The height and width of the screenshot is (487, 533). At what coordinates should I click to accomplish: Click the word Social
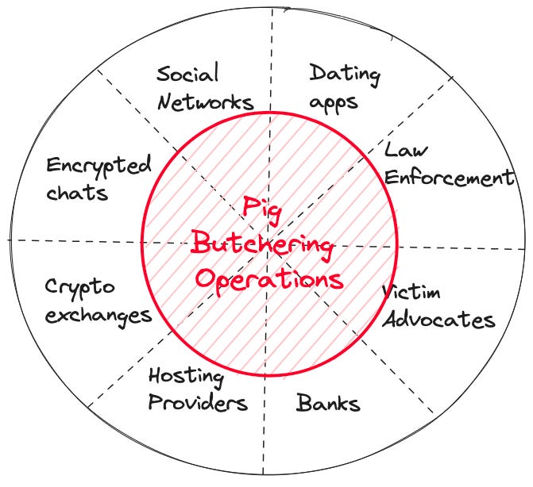point(187,75)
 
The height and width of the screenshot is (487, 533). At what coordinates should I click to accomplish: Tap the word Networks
point(205,102)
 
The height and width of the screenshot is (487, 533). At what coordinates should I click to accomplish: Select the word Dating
point(344,75)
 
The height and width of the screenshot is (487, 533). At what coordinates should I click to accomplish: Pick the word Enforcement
point(450,177)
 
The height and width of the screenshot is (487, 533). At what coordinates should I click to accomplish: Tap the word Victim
point(411,293)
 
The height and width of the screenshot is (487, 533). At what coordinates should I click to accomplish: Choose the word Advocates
point(438,320)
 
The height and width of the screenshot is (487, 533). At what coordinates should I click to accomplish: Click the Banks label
point(328,404)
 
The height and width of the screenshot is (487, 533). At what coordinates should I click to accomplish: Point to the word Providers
point(198,402)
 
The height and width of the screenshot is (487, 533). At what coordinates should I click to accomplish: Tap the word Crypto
point(79,286)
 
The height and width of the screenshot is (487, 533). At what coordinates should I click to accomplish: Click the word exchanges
point(98,314)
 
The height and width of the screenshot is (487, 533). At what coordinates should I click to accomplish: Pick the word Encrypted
point(98,167)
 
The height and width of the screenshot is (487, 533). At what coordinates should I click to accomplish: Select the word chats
point(76,193)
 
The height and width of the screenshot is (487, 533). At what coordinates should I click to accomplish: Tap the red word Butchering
point(261,245)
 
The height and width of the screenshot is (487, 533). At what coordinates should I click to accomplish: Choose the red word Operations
point(268,278)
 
